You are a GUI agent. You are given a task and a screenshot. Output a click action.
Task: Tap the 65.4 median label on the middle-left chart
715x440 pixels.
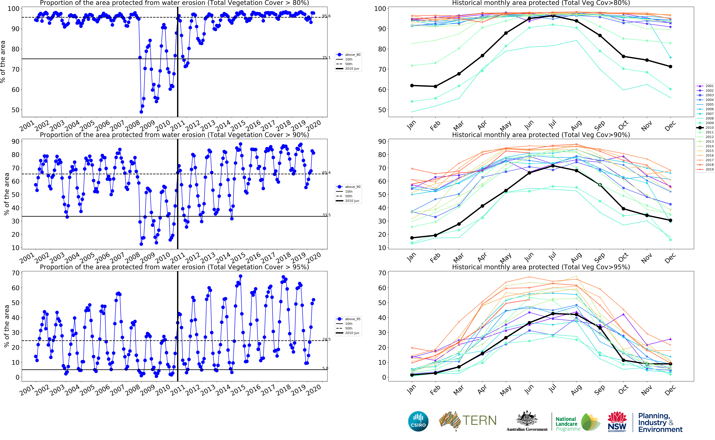326,173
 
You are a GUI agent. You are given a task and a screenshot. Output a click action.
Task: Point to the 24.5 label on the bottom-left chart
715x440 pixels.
326,339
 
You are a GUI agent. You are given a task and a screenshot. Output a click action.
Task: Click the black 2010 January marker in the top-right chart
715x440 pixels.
412,86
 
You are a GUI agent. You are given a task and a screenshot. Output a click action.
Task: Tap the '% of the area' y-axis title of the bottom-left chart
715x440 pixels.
6,326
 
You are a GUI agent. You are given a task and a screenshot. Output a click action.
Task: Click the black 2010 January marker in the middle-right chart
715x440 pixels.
412,238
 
